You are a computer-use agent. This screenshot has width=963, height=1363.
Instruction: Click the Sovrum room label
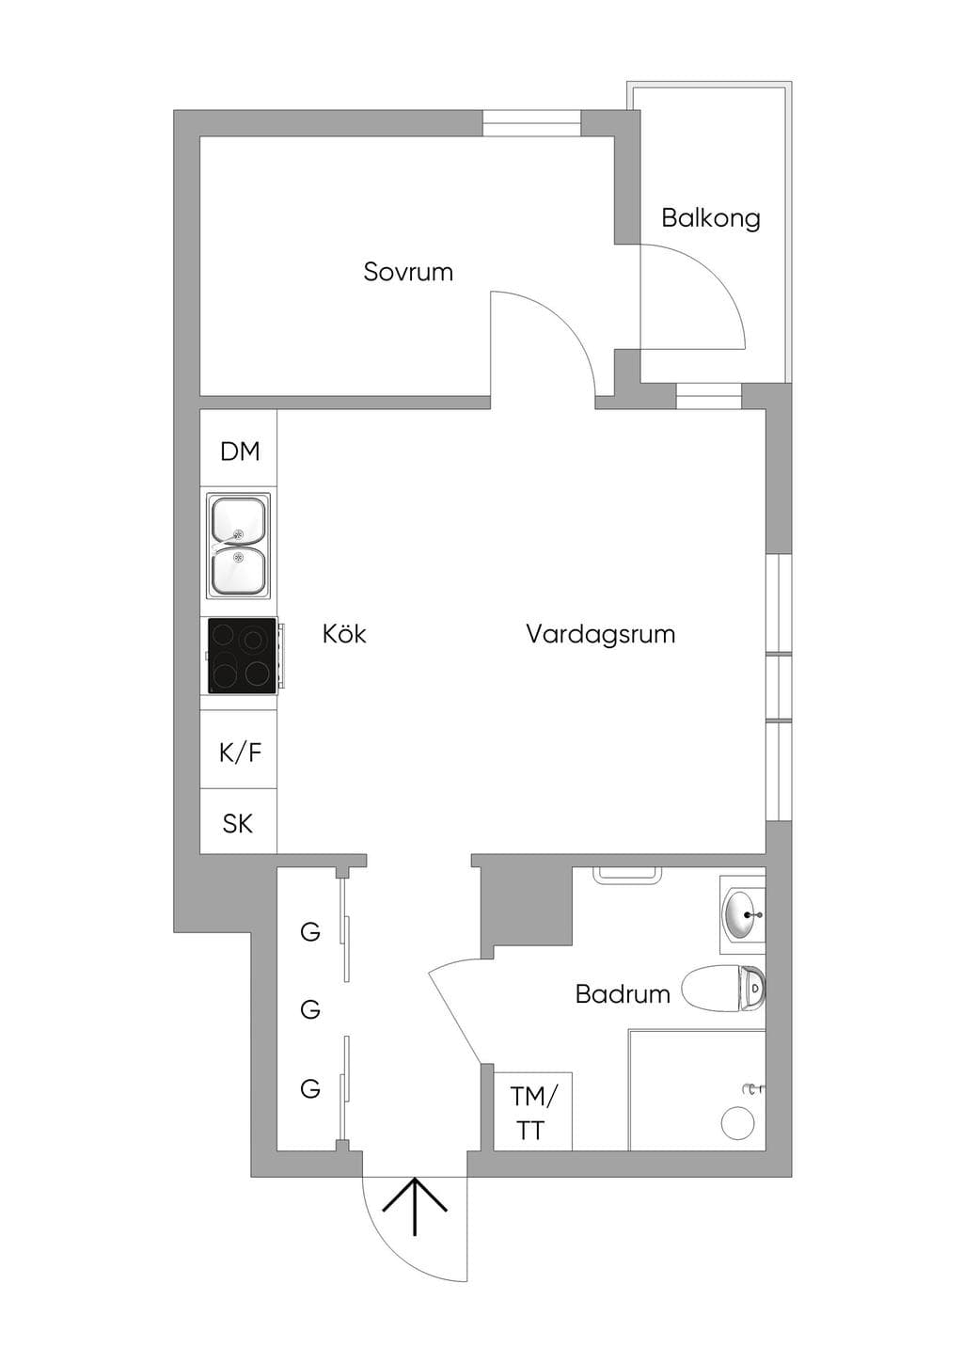(x=408, y=272)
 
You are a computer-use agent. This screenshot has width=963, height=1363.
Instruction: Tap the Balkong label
(x=711, y=218)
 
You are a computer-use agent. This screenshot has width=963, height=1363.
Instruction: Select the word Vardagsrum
(x=600, y=634)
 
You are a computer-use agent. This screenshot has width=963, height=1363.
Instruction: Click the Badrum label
(x=623, y=993)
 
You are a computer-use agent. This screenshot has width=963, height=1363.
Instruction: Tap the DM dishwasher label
(x=240, y=452)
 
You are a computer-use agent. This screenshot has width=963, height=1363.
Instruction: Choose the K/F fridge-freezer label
(x=241, y=753)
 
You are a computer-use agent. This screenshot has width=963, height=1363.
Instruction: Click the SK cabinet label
(x=237, y=824)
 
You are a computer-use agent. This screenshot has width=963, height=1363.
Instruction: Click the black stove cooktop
(x=242, y=656)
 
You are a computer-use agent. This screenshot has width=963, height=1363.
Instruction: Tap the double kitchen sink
(x=238, y=546)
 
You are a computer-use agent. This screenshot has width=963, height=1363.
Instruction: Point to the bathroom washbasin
(x=743, y=914)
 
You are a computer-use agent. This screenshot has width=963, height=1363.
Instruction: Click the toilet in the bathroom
(x=723, y=989)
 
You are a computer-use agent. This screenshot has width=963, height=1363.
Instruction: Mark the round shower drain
(x=737, y=1121)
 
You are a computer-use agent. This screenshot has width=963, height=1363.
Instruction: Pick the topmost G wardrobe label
(x=310, y=931)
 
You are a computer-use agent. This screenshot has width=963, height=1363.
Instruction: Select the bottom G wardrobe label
(x=310, y=1088)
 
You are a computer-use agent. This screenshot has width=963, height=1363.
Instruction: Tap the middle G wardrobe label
(x=310, y=1010)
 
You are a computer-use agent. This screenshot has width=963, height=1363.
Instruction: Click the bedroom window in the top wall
(x=532, y=123)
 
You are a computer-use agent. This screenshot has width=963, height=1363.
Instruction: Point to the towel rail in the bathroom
(x=627, y=874)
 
